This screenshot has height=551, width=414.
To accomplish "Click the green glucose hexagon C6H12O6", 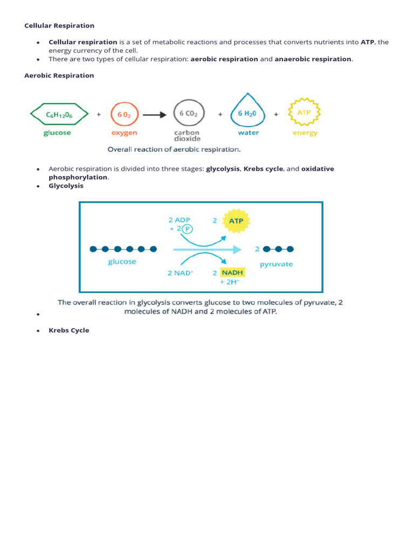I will [59, 114].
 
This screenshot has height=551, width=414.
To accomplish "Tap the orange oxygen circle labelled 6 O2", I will [125, 114].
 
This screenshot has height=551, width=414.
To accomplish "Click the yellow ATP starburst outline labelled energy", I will [305, 112].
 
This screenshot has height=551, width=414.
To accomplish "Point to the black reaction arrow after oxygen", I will [155, 114].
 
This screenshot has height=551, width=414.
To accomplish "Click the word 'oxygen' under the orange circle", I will [125, 133].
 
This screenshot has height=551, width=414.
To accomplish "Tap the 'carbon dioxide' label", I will [187, 136].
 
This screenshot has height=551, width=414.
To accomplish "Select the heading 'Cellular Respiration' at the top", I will [59, 25].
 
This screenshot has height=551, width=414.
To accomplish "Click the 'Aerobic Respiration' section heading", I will [59, 75].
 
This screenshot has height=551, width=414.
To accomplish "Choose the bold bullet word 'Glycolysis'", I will [66, 186].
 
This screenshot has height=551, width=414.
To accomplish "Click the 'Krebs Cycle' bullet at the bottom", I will [69, 330].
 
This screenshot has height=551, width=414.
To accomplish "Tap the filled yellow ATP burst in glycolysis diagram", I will [236, 221].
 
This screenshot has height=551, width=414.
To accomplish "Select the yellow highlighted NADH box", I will [233, 272].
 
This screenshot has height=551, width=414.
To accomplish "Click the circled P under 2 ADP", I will [187, 229].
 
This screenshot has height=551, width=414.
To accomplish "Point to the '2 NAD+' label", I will [181, 273].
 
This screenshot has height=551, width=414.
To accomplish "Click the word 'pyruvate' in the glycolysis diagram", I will [276, 264].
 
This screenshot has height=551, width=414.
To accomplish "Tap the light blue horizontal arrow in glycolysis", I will [207, 249].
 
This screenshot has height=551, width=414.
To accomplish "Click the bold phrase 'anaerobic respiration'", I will [313, 59].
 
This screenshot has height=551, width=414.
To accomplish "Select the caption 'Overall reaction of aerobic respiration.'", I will [174, 150].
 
